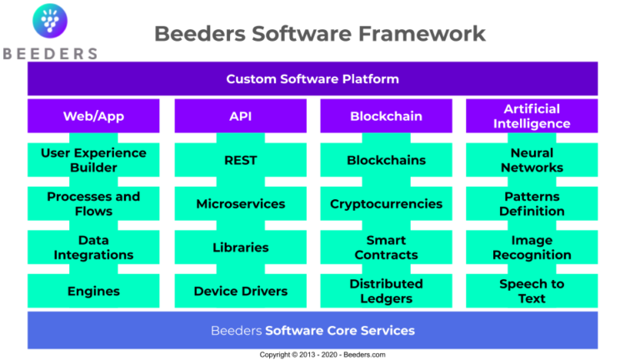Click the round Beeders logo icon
[x=50, y=21]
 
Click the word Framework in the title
[x=422, y=33]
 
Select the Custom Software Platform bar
[x=312, y=79]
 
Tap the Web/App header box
[x=93, y=116]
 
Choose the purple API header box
[x=240, y=116]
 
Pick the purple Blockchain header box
[x=386, y=116]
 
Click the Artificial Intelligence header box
[x=532, y=116]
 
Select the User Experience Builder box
[x=93, y=160]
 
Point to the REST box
[x=240, y=160]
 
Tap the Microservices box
[x=240, y=203]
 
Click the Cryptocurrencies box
[x=386, y=203]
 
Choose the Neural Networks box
[x=532, y=160]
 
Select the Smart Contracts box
[x=386, y=247]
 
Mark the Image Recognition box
[x=532, y=247]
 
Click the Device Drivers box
[x=240, y=291]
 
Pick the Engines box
[x=93, y=291]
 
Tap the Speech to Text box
[x=532, y=291]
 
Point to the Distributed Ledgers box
[x=386, y=291]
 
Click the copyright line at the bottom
[x=322, y=355]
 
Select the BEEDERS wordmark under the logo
[x=50, y=54]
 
